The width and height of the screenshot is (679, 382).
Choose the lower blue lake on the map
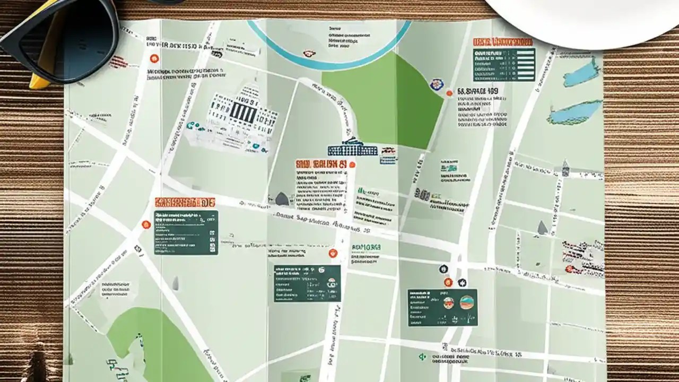tap(575, 112)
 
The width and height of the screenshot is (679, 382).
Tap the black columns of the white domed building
tap(243, 112)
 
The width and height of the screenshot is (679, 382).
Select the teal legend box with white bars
tap(504, 64)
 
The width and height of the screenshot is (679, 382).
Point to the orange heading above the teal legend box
tap(502, 42)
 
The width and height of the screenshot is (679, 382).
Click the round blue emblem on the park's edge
tap(436, 84)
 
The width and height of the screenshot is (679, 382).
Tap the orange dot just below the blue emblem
tap(449, 93)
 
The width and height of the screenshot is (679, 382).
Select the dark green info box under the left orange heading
tap(186, 232)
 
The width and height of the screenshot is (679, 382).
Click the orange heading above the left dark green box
tap(185, 202)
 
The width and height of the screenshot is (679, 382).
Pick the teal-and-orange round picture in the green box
tap(467, 302)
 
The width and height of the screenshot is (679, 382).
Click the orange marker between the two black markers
tap(448, 282)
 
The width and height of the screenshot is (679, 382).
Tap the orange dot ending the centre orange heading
tap(352, 164)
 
